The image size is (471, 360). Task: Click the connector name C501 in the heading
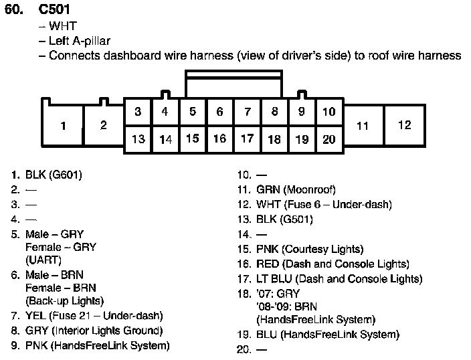click(54, 11)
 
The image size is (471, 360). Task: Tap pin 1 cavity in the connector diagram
click(63, 126)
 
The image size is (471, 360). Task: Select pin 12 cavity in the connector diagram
click(404, 125)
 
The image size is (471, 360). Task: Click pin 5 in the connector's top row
click(192, 112)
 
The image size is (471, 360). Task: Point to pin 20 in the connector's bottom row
click(328, 139)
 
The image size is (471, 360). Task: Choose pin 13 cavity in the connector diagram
click(138, 139)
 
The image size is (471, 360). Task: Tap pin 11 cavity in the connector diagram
click(363, 125)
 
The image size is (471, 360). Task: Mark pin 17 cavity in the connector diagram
click(247, 139)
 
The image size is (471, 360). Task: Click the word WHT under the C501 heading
click(63, 26)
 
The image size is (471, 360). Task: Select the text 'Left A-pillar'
click(80, 41)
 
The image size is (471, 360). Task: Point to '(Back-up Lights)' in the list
click(64, 300)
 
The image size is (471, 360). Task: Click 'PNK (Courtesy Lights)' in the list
click(310, 249)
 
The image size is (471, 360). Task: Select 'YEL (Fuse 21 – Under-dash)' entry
click(94, 315)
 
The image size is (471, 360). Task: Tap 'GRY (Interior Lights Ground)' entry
click(94, 331)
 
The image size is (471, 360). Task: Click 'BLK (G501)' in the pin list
click(284, 219)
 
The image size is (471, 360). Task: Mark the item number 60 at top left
click(15, 11)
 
